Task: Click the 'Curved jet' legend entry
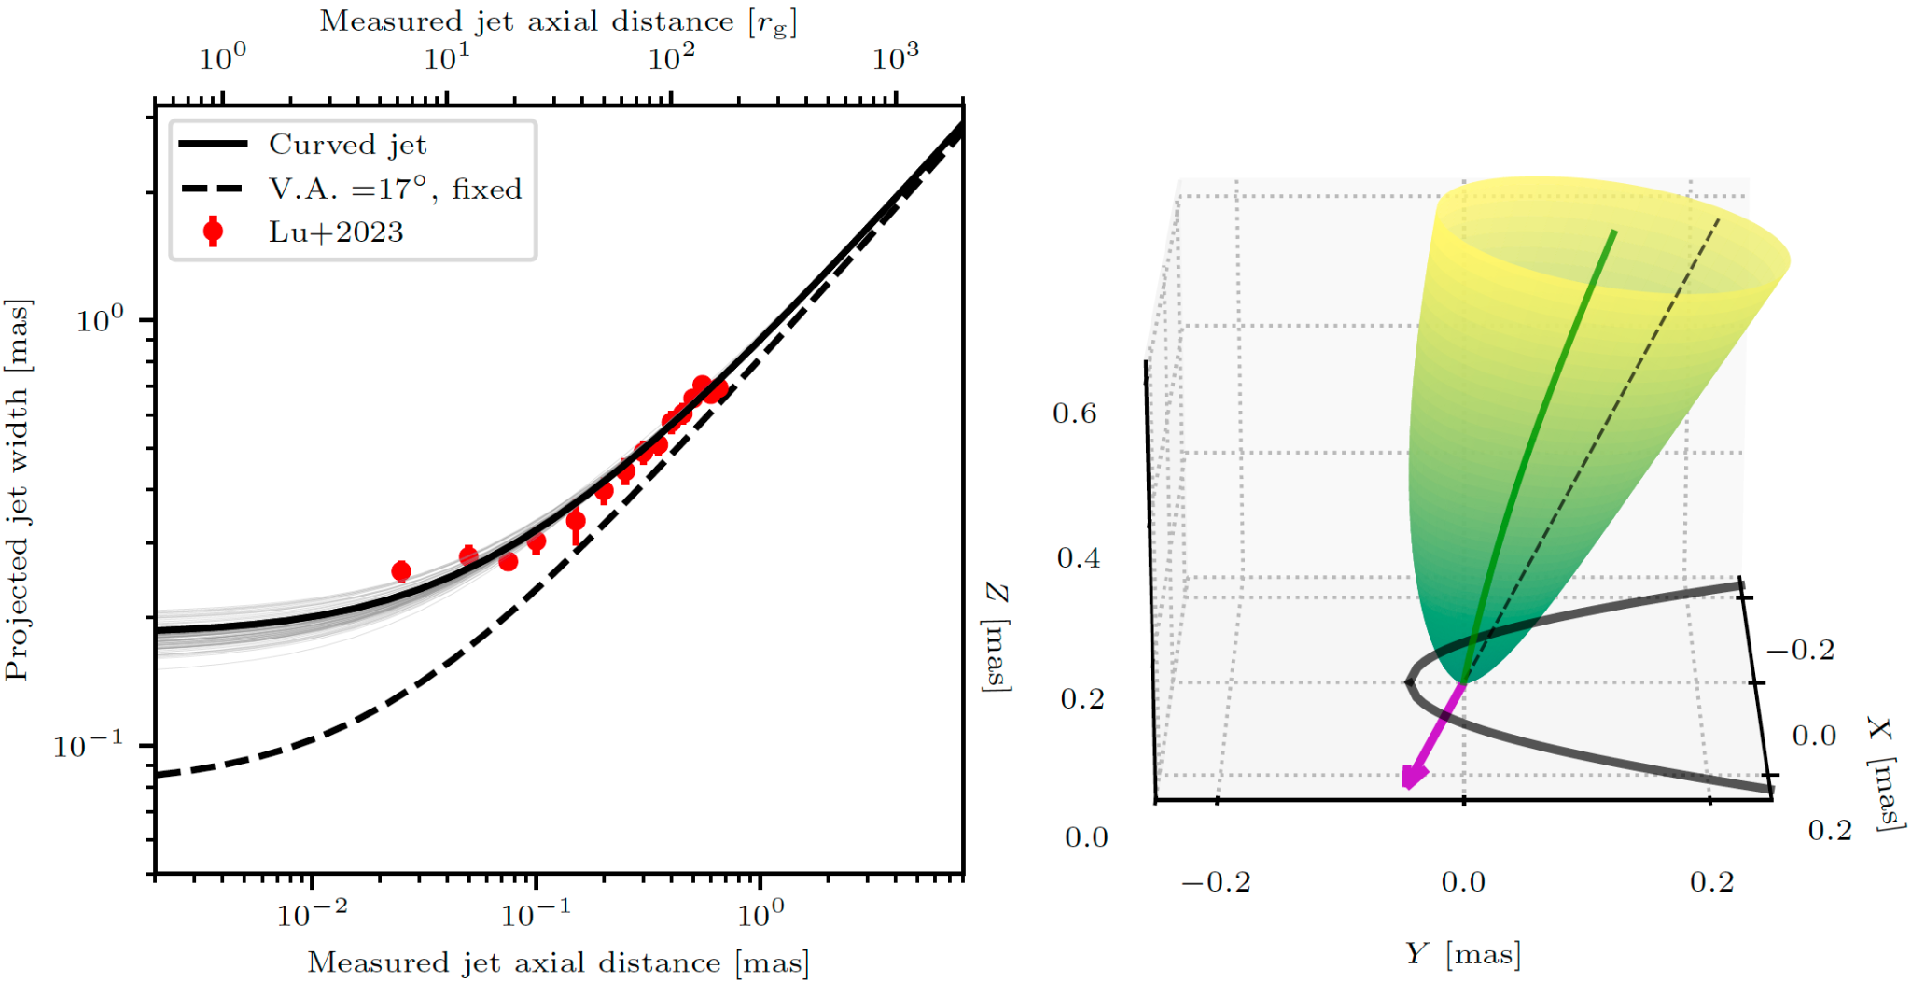pyautogui.click(x=347, y=145)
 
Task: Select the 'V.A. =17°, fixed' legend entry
pyautogui.click(x=395, y=190)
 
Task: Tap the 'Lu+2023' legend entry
pyautogui.click(x=336, y=232)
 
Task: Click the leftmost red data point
pyautogui.click(x=401, y=571)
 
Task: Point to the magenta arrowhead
pyautogui.click(x=1413, y=776)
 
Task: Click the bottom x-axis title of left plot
pyautogui.click(x=558, y=962)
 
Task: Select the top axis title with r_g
pyautogui.click(x=558, y=21)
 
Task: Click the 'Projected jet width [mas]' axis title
pyautogui.click(x=18, y=490)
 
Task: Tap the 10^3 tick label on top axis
pyautogui.click(x=895, y=59)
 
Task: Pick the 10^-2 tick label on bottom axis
pyautogui.click(x=312, y=914)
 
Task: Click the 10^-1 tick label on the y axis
pyautogui.click(x=88, y=746)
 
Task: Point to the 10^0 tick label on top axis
pyautogui.click(x=222, y=59)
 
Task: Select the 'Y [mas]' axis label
pyautogui.click(x=1462, y=954)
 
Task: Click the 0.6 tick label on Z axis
pyautogui.click(x=1075, y=414)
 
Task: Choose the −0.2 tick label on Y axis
pyautogui.click(x=1216, y=882)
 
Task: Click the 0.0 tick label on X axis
pyautogui.click(x=1814, y=736)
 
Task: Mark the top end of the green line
pyautogui.click(x=1614, y=231)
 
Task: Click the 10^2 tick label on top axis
pyautogui.click(x=671, y=59)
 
